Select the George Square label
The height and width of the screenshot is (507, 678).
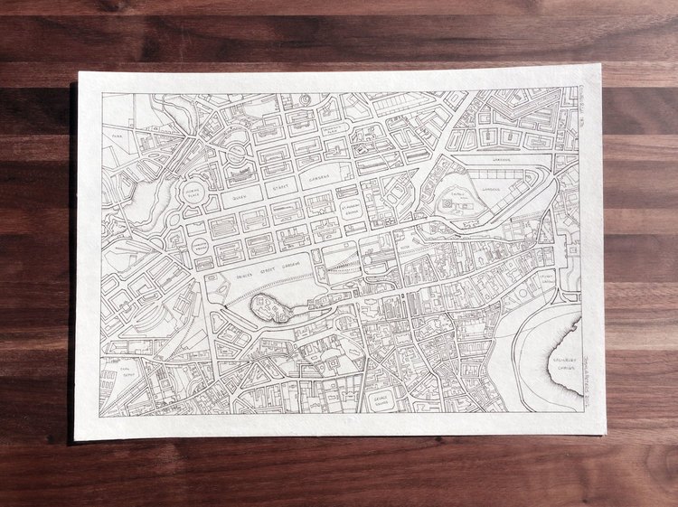(381, 401)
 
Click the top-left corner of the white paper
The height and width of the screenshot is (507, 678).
(79, 71)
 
